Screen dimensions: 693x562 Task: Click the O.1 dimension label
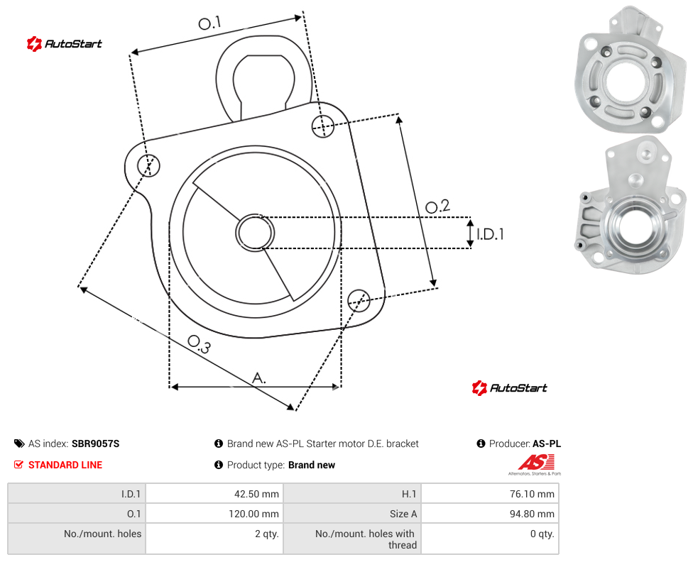pyautogui.click(x=209, y=23)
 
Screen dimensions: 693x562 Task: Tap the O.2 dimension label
pyautogui.click(x=437, y=206)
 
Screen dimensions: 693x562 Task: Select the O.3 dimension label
pyautogui.click(x=199, y=344)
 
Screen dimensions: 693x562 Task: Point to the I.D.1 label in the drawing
pyautogui.click(x=490, y=234)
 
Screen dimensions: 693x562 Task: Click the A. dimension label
pyautogui.click(x=259, y=378)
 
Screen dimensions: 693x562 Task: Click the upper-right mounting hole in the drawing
pyautogui.click(x=323, y=126)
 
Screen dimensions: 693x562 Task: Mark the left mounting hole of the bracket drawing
pyautogui.click(x=148, y=165)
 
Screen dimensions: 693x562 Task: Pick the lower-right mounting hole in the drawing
pyautogui.click(x=359, y=300)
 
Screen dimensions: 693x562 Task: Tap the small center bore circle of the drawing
pyautogui.click(x=255, y=233)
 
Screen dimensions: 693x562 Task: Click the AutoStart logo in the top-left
pyautogui.click(x=65, y=44)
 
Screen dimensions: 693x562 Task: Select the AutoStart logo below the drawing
pyautogui.click(x=510, y=388)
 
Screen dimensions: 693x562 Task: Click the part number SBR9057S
pyautogui.click(x=95, y=443)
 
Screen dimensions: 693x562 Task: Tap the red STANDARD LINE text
pyautogui.click(x=65, y=465)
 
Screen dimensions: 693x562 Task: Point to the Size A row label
pyautogui.click(x=403, y=514)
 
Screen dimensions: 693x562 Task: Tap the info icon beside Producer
pyautogui.click(x=481, y=443)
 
